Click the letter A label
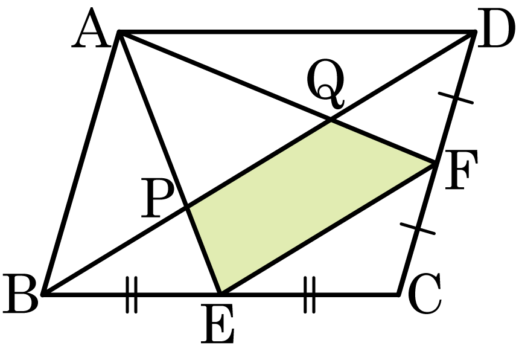(x=91, y=29)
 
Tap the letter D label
(x=496, y=29)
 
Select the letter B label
(x=20, y=294)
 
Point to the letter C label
(x=425, y=294)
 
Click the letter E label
(x=218, y=324)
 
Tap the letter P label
(x=158, y=198)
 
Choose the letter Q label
(x=326, y=83)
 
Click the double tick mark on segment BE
(x=132, y=294)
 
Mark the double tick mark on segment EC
(x=310, y=294)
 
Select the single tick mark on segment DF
(x=456, y=98)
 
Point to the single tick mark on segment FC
(x=418, y=229)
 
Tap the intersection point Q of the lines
(x=331, y=121)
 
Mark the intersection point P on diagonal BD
(x=188, y=207)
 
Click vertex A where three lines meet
(x=119, y=32)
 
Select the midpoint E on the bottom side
(x=220, y=294)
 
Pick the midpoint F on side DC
(x=434, y=163)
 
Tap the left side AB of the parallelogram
(x=80, y=163)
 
